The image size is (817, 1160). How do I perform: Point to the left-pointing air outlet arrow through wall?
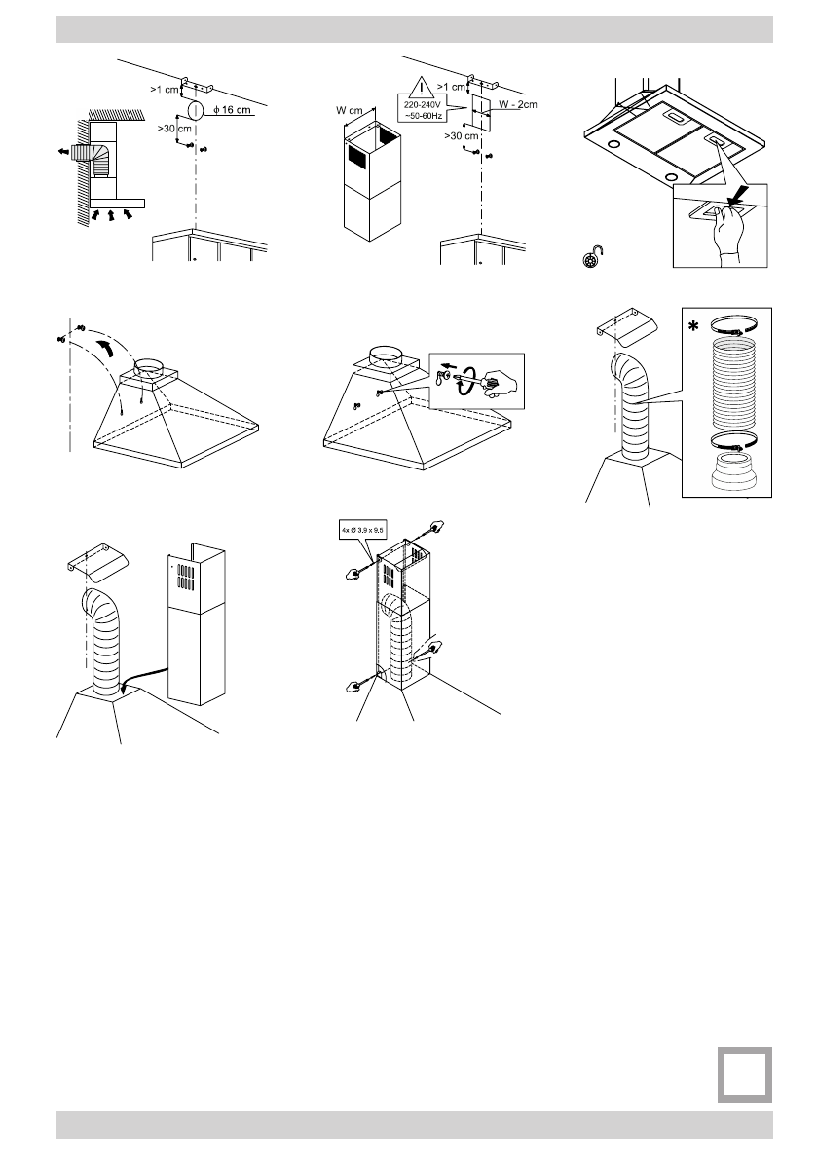point(64,152)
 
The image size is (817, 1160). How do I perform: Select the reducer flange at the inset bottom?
point(736,473)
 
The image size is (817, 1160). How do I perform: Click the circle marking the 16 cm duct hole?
point(195,110)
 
